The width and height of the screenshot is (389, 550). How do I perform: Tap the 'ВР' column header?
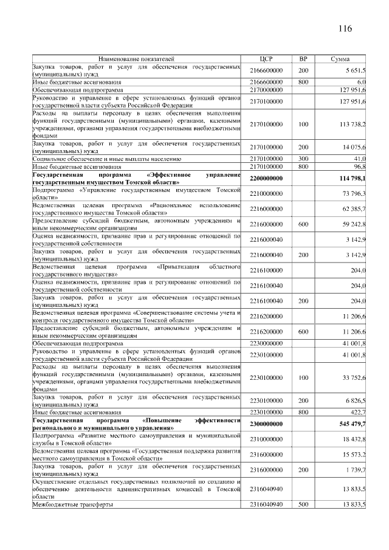point(303,59)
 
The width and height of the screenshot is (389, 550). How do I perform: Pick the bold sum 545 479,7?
point(351,424)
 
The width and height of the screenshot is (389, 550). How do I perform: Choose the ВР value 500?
point(303,505)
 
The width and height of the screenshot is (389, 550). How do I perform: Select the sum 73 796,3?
point(353,193)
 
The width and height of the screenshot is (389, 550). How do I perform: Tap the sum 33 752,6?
point(353,377)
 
